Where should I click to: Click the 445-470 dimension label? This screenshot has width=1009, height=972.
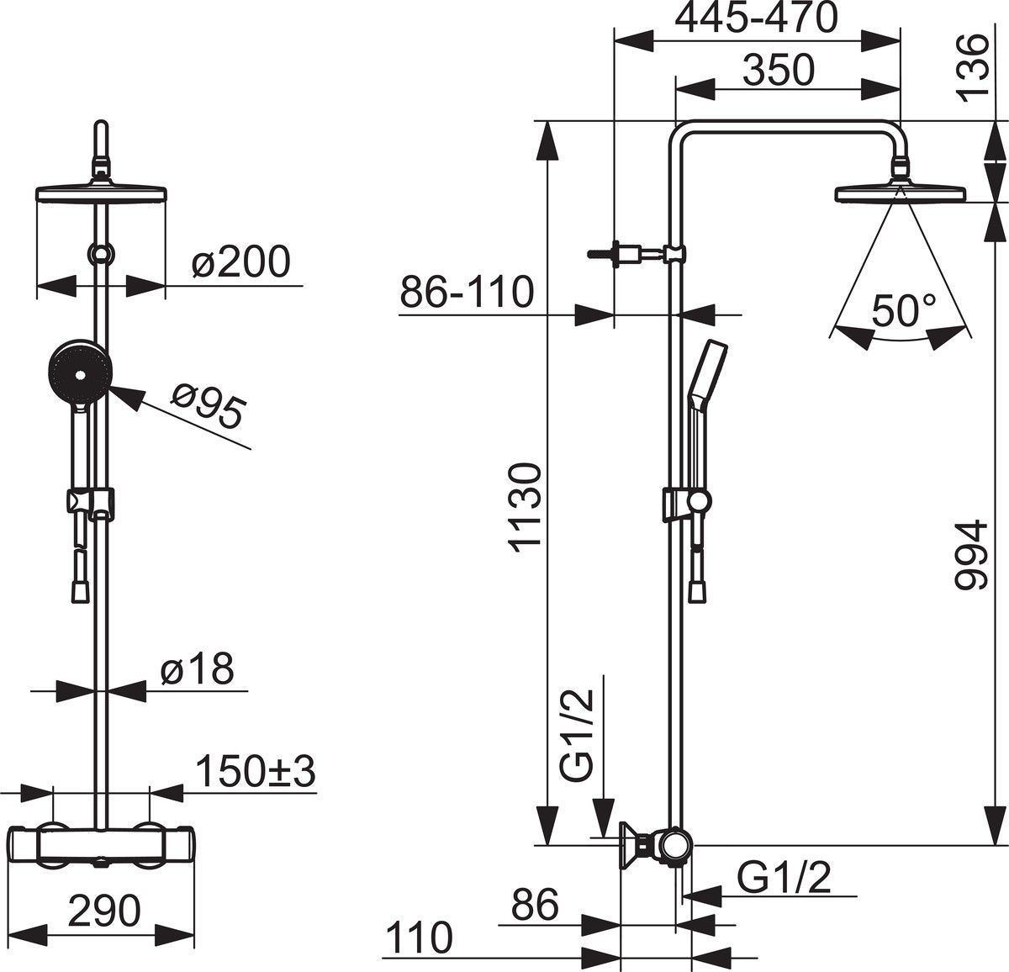click(x=758, y=18)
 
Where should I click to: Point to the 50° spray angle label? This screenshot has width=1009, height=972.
click(x=897, y=310)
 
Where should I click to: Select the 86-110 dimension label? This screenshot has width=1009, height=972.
click(x=467, y=292)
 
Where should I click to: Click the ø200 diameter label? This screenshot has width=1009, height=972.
click(x=241, y=262)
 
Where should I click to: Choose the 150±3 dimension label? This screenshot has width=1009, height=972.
click(x=256, y=771)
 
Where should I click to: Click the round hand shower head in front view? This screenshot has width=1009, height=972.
click(x=77, y=371)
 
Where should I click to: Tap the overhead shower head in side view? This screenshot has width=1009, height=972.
click(x=901, y=193)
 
